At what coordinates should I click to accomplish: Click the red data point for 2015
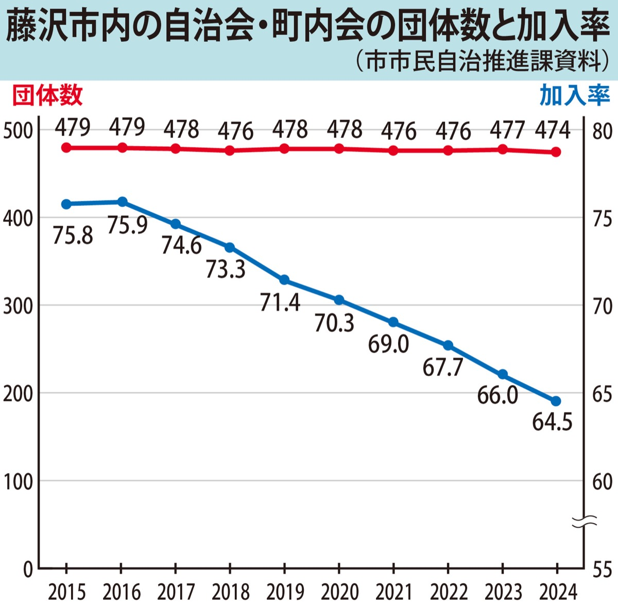(66, 148)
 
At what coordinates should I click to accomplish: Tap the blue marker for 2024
(556, 401)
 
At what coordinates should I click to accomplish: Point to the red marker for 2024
(556, 152)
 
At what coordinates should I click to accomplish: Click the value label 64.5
(552, 423)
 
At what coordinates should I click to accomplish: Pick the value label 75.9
(127, 225)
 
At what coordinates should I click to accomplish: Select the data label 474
(553, 130)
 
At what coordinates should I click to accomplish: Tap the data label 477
(507, 130)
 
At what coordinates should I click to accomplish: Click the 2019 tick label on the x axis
(285, 593)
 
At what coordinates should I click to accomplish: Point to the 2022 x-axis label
(449, 593)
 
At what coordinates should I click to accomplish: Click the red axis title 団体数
(47, 96)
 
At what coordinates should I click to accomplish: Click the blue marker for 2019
(284, 280)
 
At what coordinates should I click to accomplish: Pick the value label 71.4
(280, 302)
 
